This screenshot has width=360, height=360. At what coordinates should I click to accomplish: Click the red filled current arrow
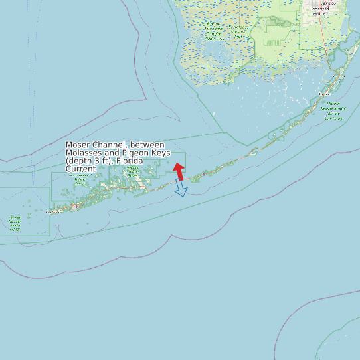[x=179, y=171]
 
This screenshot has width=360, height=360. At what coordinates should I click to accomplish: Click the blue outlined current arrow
[x=181, y=189]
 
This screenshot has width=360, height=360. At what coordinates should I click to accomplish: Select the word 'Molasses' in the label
[x=82, y=153]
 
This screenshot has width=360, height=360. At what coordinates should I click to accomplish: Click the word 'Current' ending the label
[x=80, y=169]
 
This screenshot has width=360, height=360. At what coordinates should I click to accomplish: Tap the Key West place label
[x=52, y=212]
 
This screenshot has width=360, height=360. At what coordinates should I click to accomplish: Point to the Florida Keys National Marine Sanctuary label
[x=333, y=111]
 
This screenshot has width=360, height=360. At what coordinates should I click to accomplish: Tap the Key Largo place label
[x=339, y=76]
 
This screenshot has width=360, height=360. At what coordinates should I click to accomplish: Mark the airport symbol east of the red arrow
[x=204, y=173]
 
